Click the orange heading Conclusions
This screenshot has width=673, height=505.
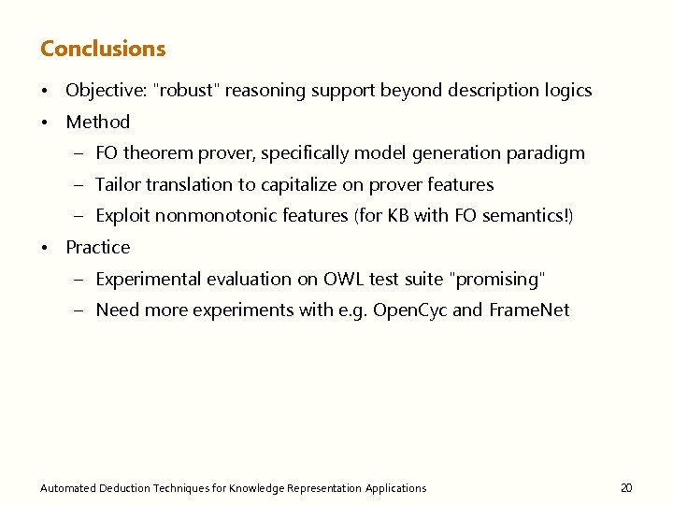tap(103, 49)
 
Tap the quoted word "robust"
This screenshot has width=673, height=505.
tap(186, 91)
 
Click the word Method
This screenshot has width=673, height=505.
tap(97, 122)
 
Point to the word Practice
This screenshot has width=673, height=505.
tap(97, 247)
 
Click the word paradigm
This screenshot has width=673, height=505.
tap(545, 152)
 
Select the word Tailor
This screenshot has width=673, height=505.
tap(117, 184)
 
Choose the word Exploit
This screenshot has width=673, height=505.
tap(122, 216)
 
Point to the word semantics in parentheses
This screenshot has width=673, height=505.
tap(524, 216)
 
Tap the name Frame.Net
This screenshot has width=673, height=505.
tap(529, 310)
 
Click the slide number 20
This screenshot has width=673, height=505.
tap(626, 487)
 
